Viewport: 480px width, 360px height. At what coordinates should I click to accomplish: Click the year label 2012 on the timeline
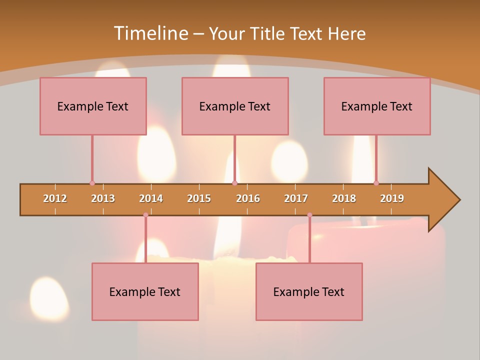[x=55, y=198]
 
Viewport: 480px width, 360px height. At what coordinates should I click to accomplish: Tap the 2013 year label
[x=103, y=198]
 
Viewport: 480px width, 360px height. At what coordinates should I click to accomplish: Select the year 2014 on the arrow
[x=151, y=198]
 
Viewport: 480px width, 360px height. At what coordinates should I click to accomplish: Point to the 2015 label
[x=199, y=198]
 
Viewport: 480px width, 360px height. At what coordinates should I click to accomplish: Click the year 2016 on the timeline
[x=248, y=198]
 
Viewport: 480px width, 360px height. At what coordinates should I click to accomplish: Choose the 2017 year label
[x=296, y=198]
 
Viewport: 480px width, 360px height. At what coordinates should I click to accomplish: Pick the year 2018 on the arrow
[x=344, y=198]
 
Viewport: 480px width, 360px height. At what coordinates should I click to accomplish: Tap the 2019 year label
[x=392, y=198]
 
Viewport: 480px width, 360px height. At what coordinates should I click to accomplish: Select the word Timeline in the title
[x=149, y=33]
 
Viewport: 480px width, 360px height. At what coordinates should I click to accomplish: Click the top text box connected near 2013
[x=93, y=106]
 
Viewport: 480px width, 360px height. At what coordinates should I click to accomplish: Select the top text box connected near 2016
[x=235, y=106]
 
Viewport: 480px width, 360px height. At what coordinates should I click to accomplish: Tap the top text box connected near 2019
[x=377, y=106]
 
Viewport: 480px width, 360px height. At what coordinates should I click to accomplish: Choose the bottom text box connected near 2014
[x=145, y=291]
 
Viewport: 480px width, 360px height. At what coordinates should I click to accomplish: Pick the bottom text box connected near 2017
[x=309, y=291]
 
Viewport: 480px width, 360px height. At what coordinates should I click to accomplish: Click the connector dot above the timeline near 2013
[x=92, y=183]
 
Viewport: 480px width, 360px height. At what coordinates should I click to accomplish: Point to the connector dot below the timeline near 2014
[x=145, y=215]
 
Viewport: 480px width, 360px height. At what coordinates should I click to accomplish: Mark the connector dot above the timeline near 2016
[x=234, y=183]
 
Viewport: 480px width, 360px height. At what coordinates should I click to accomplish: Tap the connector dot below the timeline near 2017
[x=309, y=215]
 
